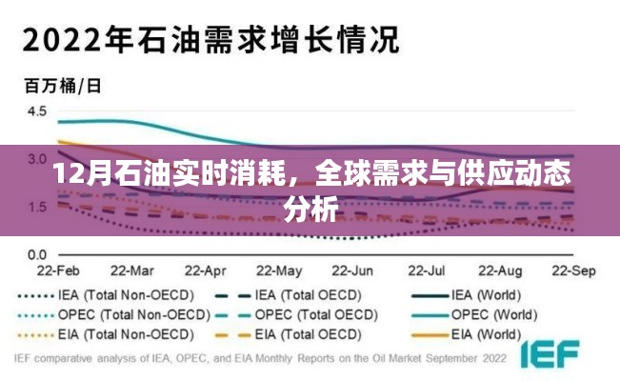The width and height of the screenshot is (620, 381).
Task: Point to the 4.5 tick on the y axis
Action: point(36,111)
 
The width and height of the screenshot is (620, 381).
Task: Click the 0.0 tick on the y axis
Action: point(36,254)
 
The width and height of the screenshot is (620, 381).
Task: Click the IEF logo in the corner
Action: point(554,356)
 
